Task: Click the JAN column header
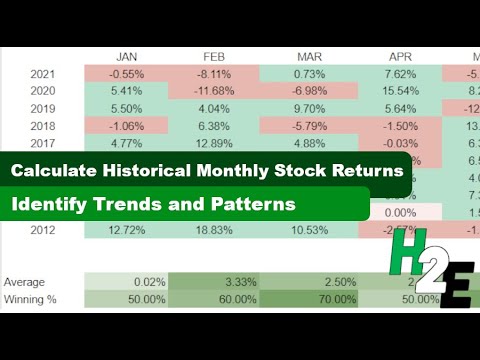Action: click(x=127, y=55)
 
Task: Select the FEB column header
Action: click(x=212, y=55)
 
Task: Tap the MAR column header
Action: click(x=307, y=55)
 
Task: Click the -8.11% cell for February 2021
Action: click(x=214, y=73)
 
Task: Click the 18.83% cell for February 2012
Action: click(x=212, y=232)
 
